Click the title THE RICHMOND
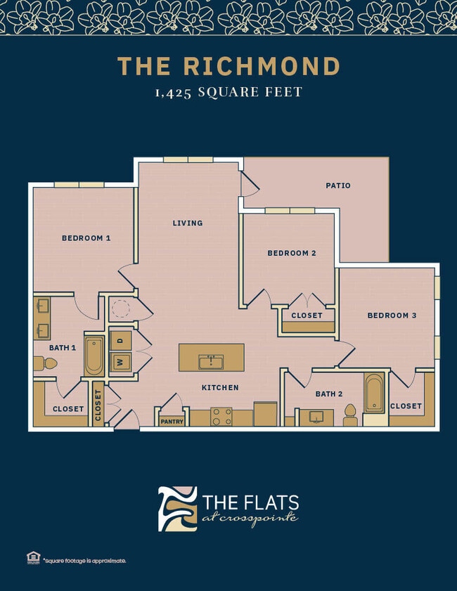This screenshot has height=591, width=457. (x=228, y=66)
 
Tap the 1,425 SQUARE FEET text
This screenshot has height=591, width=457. (x=228, y=92)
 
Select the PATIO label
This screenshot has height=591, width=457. (x=337, y=186)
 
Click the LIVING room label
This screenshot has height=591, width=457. (x=188, y=223)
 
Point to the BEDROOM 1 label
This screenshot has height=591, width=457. (x=86, y=238)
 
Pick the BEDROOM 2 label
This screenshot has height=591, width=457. (x=291, y=253)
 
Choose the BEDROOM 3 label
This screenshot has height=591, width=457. (x=392, y=316)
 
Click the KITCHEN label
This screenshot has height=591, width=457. (x=220, y=387)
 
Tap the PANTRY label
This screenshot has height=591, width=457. (x=172, y=422)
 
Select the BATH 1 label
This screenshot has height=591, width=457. (x=63, y=347)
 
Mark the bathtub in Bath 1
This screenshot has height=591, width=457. (x=94, y=356)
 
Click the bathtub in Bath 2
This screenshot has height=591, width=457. (x=374, y=393)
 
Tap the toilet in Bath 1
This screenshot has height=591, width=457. (x=46, y=363)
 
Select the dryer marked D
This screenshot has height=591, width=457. (x=120, y=340)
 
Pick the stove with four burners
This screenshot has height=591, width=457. (x=221, y=416)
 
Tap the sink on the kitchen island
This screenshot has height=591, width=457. (x=210, y=362)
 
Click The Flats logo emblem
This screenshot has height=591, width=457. (x=177, y=508)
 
